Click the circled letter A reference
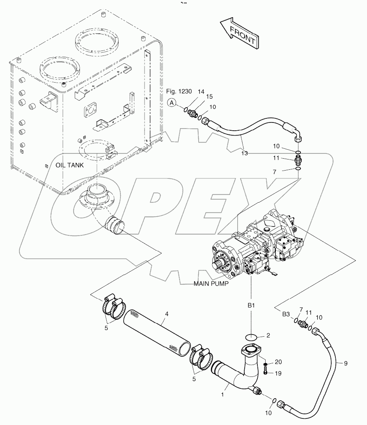(x=172, y=104)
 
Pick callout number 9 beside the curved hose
(x=345, y=363)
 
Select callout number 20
(x=279, y=362)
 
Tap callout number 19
(x=279, y=374)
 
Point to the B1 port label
(x=251, y=306)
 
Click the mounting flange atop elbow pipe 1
(x=251, y=352)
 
